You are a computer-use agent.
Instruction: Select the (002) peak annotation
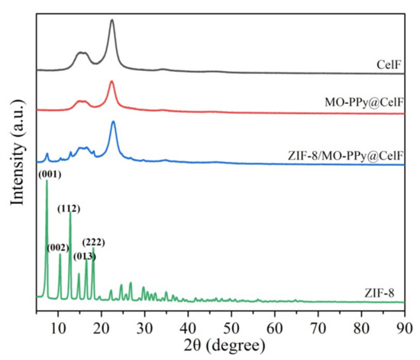click(58, 247)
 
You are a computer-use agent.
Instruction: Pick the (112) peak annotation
click(69, 208)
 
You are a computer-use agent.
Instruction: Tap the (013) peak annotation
click(85, 255)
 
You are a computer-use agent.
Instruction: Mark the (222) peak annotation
click(93, 242)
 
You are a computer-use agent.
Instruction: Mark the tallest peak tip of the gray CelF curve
click(111, 21)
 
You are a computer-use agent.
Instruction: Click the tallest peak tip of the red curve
click(111, 81)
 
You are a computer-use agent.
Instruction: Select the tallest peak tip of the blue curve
click(113, 122)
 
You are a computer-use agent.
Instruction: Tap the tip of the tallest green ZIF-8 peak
click(47, 181)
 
